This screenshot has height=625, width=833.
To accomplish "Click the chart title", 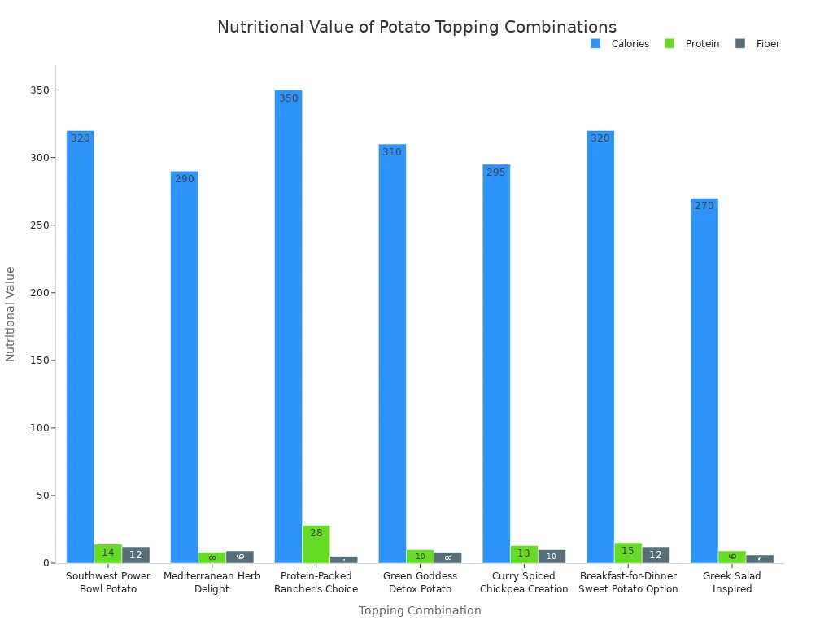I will [x=416, y=28].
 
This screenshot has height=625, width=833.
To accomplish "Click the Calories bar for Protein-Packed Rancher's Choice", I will [x=288, y=326].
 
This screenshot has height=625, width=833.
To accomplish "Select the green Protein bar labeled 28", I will [x=316, y=544].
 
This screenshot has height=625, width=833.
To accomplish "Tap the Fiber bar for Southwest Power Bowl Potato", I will [x=136, y=555].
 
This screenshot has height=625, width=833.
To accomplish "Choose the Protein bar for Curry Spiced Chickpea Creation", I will [x=524, y=554].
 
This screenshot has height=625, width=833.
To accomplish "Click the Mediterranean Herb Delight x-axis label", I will [x=212, y=583].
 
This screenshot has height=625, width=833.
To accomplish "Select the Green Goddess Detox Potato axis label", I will [x=420, y=583].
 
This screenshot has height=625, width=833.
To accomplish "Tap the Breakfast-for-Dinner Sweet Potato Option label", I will [x=628, y=583].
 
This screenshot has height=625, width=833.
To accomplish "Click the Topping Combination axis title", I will [x=420, y=610].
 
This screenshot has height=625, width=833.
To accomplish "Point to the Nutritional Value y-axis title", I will [x=11, y=313].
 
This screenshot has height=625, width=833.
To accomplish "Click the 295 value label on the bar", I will [x=496, y=173].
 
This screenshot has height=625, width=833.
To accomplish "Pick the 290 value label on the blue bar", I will [x=185, y=179].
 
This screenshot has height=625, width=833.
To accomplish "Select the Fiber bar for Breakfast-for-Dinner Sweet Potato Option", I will [x=656, y=555].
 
